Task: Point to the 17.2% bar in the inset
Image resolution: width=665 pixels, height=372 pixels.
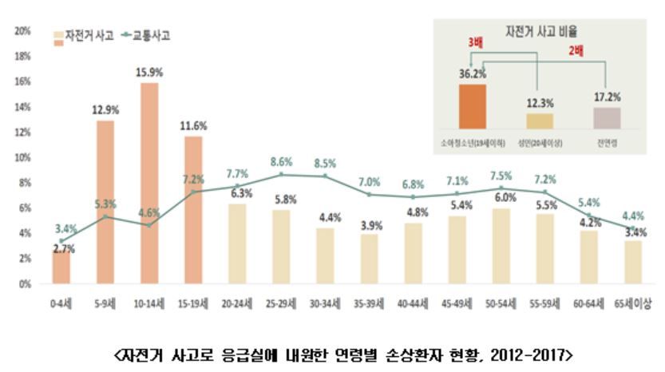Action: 607,117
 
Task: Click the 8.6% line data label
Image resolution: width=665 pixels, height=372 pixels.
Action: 281,161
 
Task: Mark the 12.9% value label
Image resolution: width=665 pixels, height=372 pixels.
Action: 106,109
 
